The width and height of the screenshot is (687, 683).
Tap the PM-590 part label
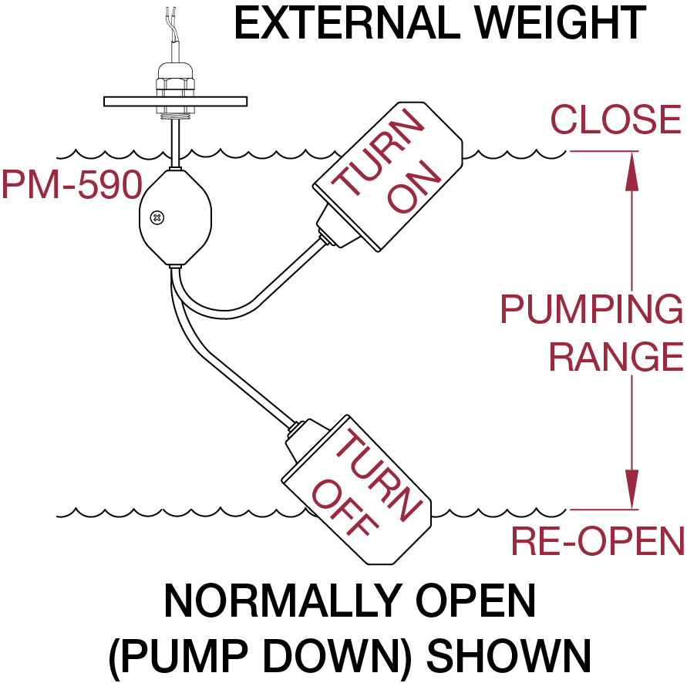coord(72,185)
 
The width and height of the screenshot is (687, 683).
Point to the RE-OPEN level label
coord(598,542)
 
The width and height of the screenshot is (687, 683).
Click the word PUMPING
coord(591,309)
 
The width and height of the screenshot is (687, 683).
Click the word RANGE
coord(615,356)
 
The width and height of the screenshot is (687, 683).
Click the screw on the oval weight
coord(157,217)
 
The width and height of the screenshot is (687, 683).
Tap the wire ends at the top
coord(172,15)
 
